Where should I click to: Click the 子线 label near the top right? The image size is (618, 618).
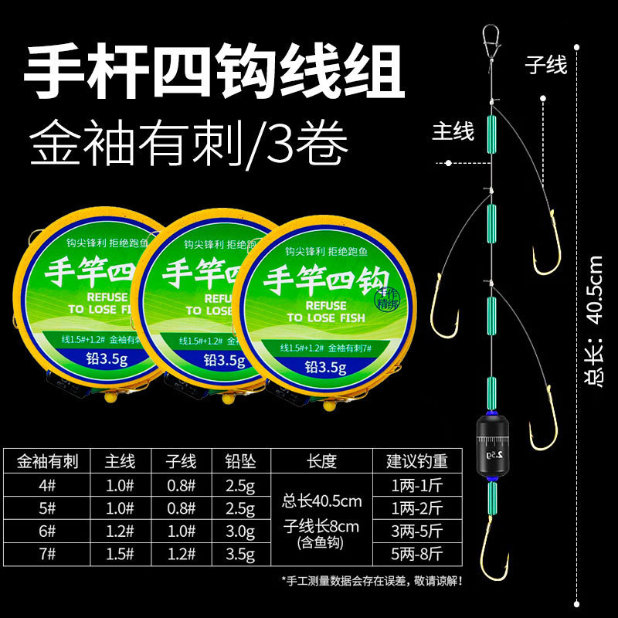click(x=545, y=65)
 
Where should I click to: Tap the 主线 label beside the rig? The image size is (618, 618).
click(x=452, y=132)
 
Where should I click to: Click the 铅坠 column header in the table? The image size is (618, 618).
click(x=240, y=462)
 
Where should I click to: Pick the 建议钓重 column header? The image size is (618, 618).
click(x=416, y=462)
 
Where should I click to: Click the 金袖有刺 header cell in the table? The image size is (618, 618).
click(x=46, y=462)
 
